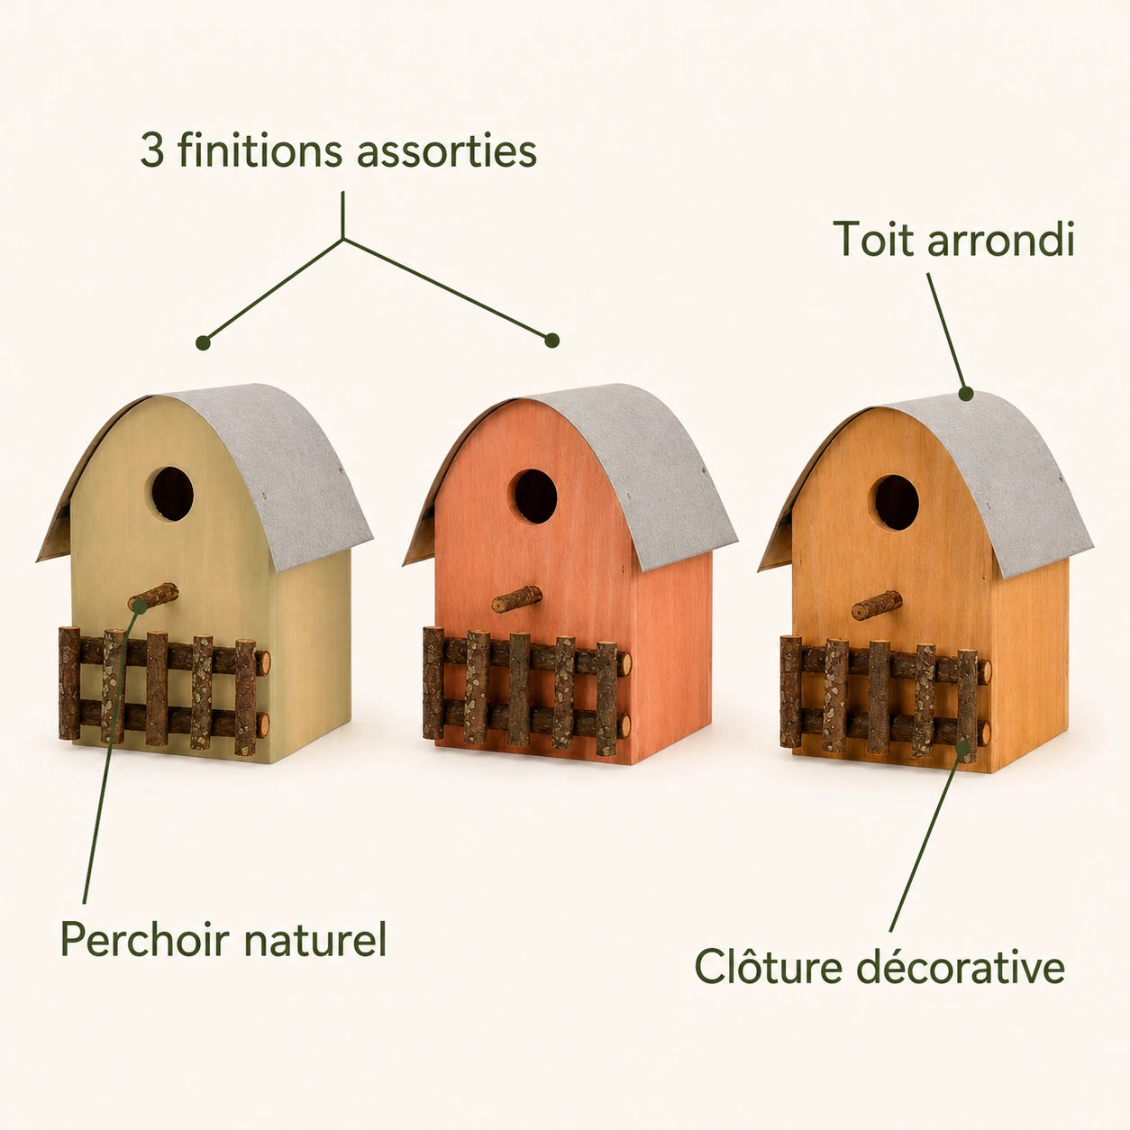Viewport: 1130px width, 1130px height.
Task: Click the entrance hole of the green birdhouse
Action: (172, 494)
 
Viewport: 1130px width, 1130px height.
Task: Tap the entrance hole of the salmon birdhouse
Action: (534, 497)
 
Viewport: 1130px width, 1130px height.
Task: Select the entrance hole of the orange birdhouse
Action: (896, 503)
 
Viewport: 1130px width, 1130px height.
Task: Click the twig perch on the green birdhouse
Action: (153, 597)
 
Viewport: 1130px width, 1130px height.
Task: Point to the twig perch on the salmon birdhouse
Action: (516, 599)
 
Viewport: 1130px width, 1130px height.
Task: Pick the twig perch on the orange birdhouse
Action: (877, 606)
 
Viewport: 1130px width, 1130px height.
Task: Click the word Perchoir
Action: (144, 940)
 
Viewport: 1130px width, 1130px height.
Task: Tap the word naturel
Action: (314, 940)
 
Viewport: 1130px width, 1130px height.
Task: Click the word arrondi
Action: (1001, 239)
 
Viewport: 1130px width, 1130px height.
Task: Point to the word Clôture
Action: (770, 967)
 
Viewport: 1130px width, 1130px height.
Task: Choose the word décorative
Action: (961, 967)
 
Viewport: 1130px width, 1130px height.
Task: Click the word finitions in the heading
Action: (260, 150)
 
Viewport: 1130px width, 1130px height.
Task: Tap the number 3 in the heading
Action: (151, 150)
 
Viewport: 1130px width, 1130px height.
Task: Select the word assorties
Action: (447, 150)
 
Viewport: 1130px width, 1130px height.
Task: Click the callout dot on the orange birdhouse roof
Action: (966, 394)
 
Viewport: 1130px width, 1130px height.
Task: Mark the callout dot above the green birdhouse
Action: (203, 342)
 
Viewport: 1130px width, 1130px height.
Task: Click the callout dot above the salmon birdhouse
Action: (551, 340)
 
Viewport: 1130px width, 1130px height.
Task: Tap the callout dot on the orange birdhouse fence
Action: (963, 746)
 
